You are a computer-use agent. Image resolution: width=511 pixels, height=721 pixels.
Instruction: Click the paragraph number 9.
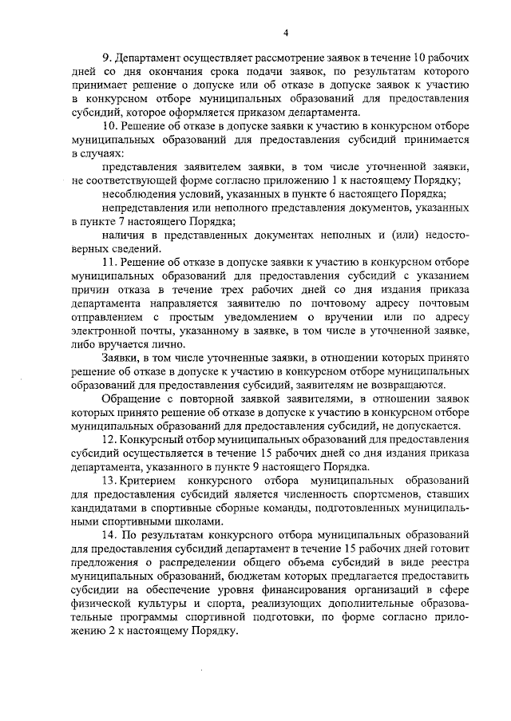pos(106,59)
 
